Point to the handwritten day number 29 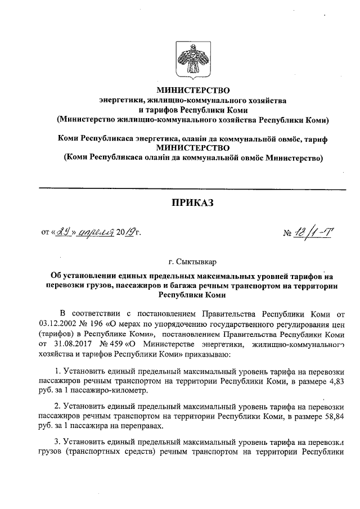[x=63, y=231]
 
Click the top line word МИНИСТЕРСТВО [x=193, y=89]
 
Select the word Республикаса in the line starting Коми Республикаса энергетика [x=105, y=138]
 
